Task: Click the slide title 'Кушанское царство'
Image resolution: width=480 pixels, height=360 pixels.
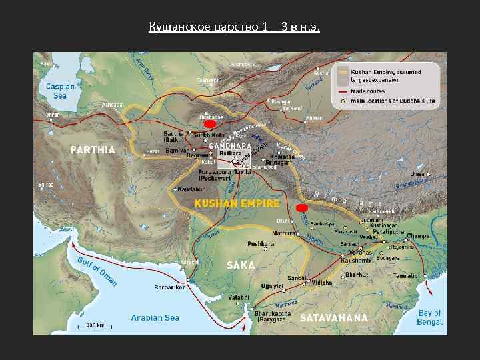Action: click(235, 27)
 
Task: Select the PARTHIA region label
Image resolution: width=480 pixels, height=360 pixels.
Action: click(93, 149)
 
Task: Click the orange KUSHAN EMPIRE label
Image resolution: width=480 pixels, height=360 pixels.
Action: click(236, 203)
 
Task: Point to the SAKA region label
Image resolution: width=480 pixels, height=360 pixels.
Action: click(241, 265)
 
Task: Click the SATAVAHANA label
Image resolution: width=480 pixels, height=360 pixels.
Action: click(333, 317)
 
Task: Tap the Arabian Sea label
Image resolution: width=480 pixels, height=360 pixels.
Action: click(155, 318)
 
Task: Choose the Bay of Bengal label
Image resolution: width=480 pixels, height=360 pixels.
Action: click(429, 317)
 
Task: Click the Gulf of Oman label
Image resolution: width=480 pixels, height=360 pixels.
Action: click(97, 270)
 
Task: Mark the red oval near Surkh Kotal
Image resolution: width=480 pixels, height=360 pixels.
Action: click(210, 125)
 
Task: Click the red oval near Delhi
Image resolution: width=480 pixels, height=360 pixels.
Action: click(301, 208)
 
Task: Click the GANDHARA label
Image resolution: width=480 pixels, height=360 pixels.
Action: click(231, 145)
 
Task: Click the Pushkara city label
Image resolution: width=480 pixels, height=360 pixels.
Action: click(261, 244)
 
